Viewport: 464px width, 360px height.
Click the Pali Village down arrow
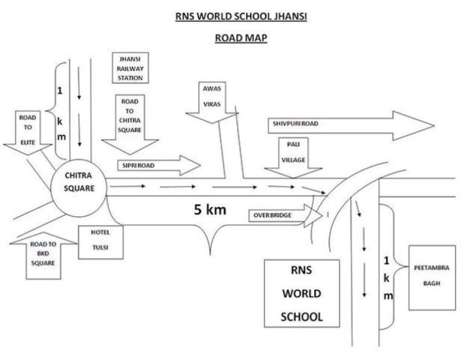click(x=293, y=158)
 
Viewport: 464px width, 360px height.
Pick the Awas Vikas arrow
click(x=212, y=102)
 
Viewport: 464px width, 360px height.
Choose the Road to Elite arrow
click(x=28, y=133)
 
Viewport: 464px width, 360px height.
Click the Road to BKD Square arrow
click(x=43, y=256)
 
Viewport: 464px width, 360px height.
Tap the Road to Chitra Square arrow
click(x=130, y=124)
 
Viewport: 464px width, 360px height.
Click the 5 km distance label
click(x=210, y=210)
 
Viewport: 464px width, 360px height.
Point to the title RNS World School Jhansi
click(x=241, y=16)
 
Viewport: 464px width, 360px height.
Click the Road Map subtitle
click(x=241, y=38)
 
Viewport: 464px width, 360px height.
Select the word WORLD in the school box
click(x=301, y=294)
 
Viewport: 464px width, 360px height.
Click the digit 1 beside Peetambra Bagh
click(x=387, y=260)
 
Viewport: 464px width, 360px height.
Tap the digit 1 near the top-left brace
click(x=60, y=91)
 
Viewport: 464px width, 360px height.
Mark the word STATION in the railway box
click(x=130, y=78)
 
